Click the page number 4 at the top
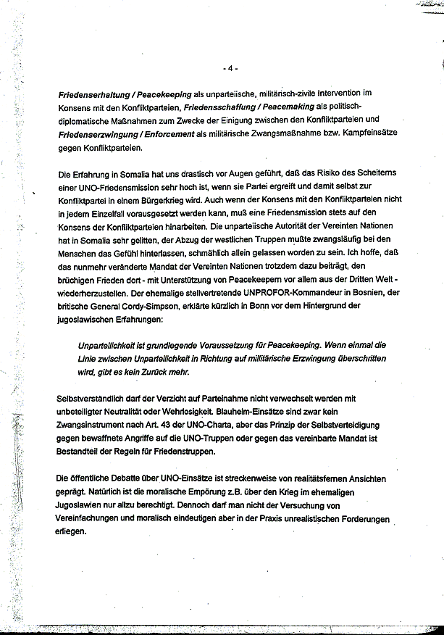point(230,69)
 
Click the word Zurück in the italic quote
point(151,373)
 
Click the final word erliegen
point(71,532)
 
